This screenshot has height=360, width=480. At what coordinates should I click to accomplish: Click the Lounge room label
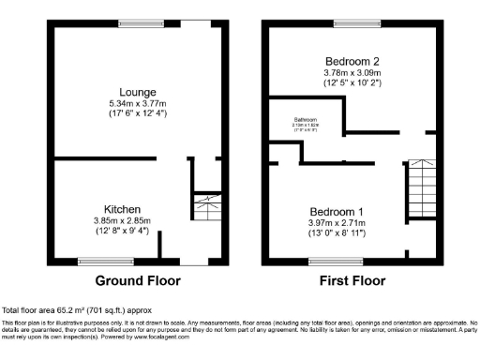point(138,92)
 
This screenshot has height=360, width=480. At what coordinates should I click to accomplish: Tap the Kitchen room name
point(122,209)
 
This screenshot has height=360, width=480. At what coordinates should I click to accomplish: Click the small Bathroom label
point(306,120)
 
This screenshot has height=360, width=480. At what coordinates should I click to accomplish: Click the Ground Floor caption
point(138,280)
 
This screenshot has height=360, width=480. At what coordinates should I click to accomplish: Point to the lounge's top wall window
point(136,22)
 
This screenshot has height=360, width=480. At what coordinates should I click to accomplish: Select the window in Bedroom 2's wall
point(351,22)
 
